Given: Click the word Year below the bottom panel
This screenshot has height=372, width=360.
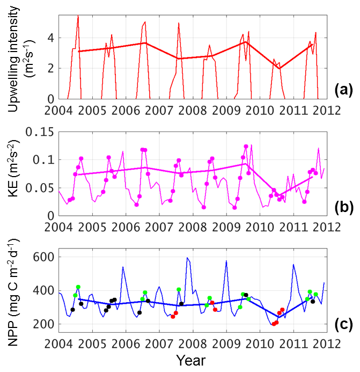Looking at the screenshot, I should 191,359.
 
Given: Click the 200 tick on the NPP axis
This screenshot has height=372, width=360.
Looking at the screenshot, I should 43,324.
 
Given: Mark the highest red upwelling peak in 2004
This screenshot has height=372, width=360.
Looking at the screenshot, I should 78,16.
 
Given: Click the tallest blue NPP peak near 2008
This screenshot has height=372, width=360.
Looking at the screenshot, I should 187,258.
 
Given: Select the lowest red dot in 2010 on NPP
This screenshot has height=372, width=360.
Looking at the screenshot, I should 274,324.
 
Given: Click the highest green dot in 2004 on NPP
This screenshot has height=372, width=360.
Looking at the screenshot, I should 78,287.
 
